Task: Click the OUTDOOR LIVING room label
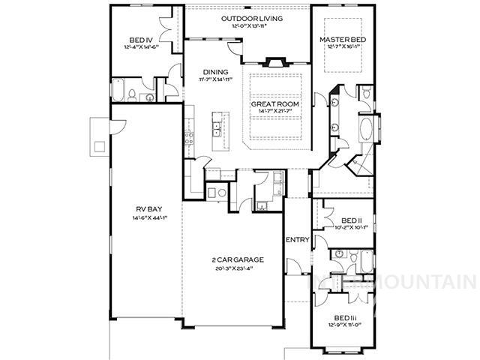click(x=248, y=17)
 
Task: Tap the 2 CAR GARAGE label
click(x=236, y=259)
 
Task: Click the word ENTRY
click(x=298, y=240)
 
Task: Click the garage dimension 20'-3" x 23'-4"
click(x=236, y=268)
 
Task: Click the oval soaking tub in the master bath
click(x=367, y=129)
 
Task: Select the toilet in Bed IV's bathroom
click(x=132, y=95)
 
